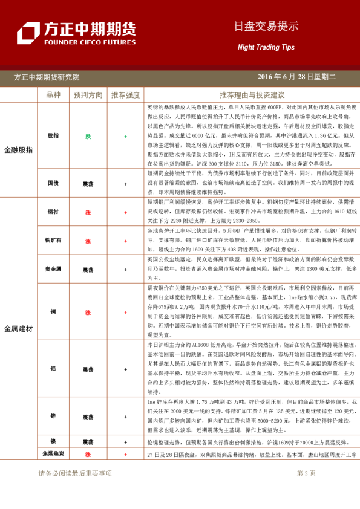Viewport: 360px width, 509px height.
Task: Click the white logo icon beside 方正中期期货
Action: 28,33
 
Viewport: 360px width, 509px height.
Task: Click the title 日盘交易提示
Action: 266,26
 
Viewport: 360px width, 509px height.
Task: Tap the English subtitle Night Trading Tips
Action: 266,47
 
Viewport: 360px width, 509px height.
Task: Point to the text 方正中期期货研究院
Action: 47,77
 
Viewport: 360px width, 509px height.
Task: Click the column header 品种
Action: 53,95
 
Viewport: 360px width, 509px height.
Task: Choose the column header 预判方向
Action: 88,95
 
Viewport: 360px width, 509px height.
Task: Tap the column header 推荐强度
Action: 125,95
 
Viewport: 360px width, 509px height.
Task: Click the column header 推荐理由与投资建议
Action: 252,95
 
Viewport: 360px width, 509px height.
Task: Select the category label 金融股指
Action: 19,149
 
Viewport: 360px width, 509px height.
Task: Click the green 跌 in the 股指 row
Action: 88,136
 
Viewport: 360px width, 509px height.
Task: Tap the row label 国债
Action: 53,182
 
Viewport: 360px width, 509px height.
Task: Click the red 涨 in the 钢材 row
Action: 88,212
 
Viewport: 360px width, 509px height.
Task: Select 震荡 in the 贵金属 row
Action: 88,269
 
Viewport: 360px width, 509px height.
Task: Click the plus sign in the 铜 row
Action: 125,312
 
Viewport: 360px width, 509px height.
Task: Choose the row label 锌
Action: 53,417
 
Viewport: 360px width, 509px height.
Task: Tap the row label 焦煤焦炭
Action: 53,453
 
